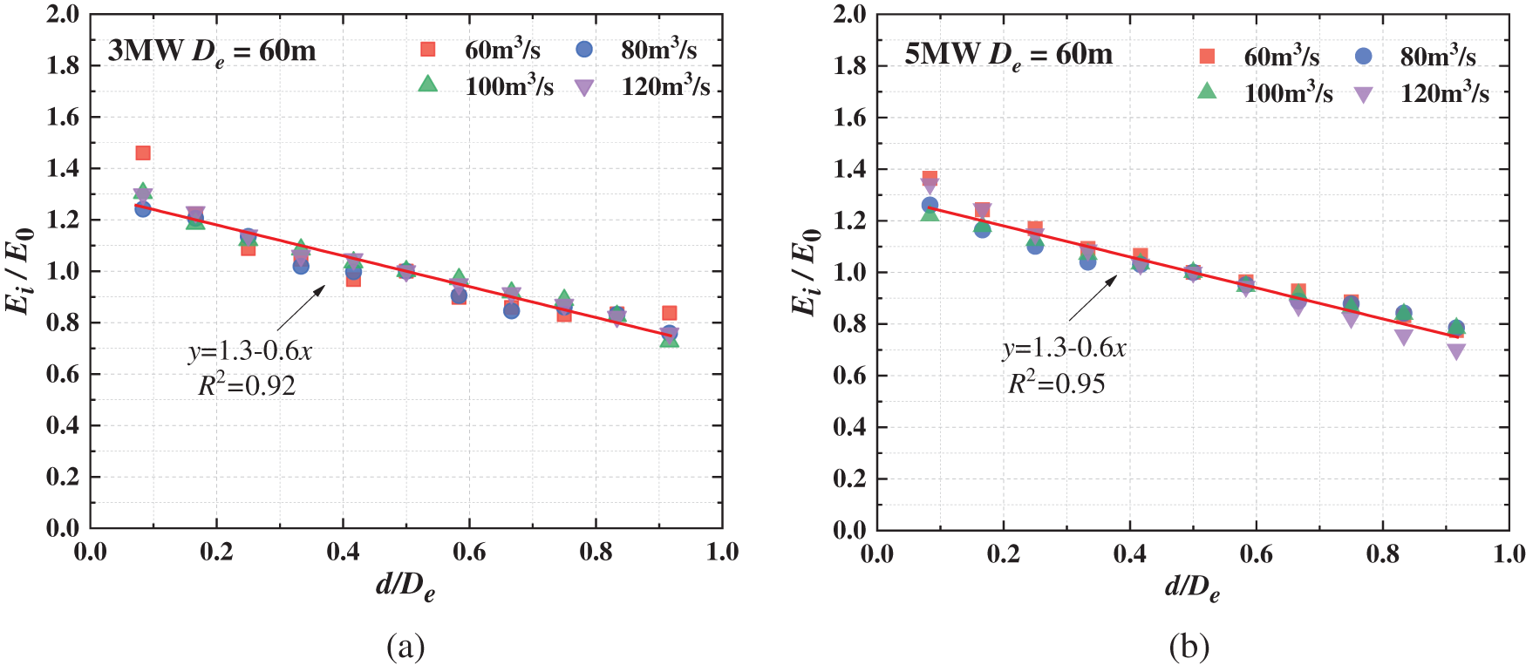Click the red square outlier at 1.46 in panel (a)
pyautogui.click(x=143, y=153)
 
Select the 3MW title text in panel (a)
pyautogui.click(x=212, y=51)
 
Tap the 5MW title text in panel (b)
pyautogui.click(x=1008, y=55)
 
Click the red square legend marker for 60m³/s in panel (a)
pyautogui.click(x=427, y=49)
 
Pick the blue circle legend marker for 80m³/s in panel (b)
pyautogui.click(x=1363, y=57)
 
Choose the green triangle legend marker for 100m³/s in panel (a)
pyautogui.click(x=427, y=84)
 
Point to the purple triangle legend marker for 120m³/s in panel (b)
pyautogui.click(x=1363, y=95)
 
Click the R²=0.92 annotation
pyautogui.click(x=247, y=385)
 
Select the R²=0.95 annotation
pyautogui.click(x=1057, y=383)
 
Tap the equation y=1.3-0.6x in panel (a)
pyautogui.click(x=250, y=351)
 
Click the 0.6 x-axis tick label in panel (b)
pyautogui.click(x=1256, y=554)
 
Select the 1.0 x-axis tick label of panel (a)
pyautogui.click(x=722, y=552)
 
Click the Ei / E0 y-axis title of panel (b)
pyautogui.click(x=806, y=272)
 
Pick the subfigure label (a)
pyautogui.click(x=405, y=647)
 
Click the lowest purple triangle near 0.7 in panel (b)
pyautogui.click(x=1455, y=351)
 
